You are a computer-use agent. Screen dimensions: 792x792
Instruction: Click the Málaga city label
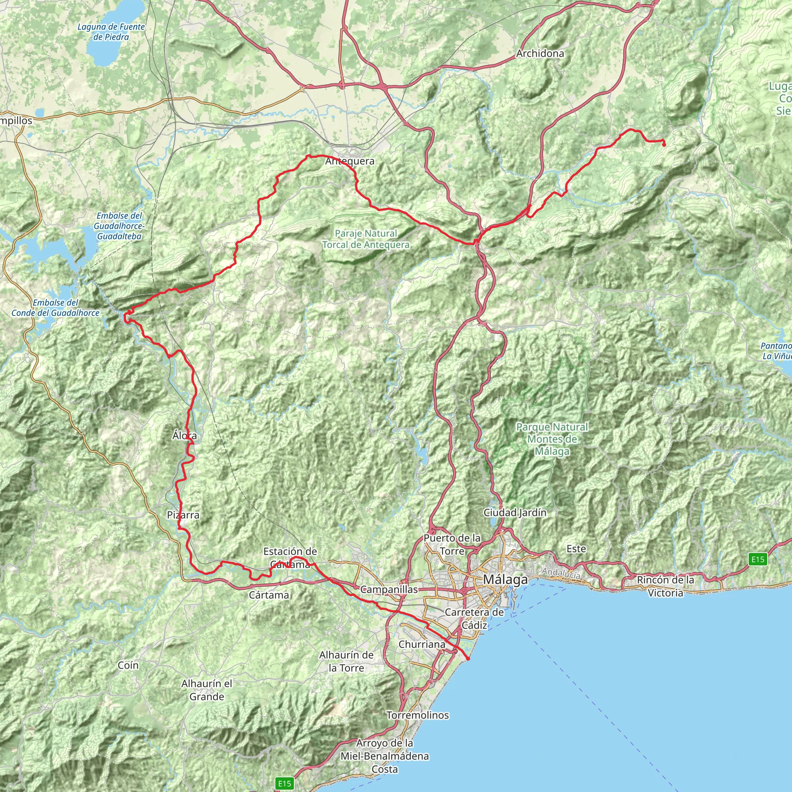click(505, 579)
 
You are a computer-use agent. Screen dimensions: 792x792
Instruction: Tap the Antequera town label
click(350, 161)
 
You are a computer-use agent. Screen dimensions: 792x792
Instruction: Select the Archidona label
click(540, 53)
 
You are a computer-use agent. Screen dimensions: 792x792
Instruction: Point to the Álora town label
click(184, 435)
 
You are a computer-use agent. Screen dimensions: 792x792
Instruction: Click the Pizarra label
click(183, 515)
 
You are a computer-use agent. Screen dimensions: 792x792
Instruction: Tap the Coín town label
click(128, 665)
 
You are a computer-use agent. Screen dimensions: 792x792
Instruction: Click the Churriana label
click(422, 644)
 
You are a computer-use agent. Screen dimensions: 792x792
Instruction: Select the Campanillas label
click(389, 589)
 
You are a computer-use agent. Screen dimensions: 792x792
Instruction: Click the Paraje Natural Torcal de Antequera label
click(366, 239)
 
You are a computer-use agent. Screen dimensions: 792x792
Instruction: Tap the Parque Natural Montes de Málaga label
click(552, 439)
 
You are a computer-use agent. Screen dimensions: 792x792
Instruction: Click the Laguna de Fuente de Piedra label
click(111, 32)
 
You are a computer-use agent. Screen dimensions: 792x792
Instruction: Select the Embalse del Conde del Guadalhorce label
click(55, 307)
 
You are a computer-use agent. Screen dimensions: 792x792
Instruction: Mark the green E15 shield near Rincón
click(757, 559)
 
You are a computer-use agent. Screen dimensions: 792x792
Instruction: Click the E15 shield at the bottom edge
click(284, 783)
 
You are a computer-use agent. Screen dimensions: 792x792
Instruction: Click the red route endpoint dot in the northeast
click(664, 144)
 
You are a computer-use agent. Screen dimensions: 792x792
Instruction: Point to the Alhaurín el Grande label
click(207, 690)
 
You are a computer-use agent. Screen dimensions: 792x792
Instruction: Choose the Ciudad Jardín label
click(515, 512)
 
